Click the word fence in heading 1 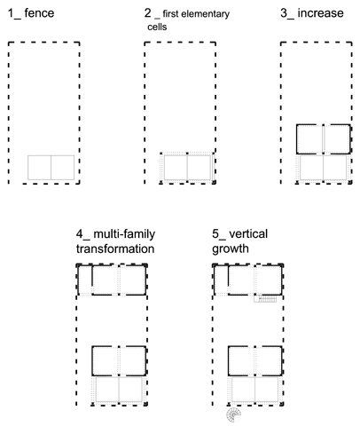(x=39, y=13)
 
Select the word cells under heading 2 (x=157, y=27)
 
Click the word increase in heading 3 (x=320, y=13)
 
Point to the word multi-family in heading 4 (x=124, y=234)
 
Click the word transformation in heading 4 (x=115, y=248)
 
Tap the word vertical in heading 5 (x=248, y=233)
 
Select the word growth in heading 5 (x=231, y=249)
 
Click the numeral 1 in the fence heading (x=11, y=13)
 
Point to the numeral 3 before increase (x=284, y=13)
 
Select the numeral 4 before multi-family (x=80, y=233)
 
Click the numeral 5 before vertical (x=215, y=233)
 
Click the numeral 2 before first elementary (x=148, y=13)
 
